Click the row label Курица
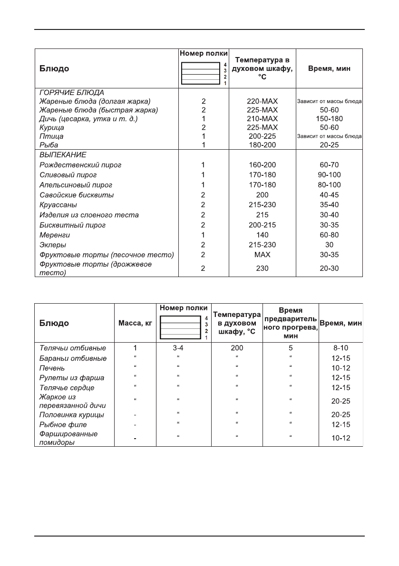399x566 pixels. (52, 127)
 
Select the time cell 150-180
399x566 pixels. (329, 119)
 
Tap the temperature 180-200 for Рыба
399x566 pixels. (262, 145)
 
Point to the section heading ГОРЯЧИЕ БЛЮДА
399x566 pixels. (71, 92)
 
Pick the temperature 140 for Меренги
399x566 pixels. (262, 235)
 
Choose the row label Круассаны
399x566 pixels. (58, 205)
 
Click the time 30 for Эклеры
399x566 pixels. (329, 245)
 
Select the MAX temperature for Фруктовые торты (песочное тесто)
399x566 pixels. (262, 255)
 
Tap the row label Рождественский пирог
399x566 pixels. (80, 165)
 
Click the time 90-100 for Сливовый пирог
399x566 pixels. (329, 175)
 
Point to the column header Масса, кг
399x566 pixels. (135, 323)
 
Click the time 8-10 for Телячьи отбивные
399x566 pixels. (341, 348)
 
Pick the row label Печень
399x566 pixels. (52, 368)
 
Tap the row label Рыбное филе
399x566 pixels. (63, 424)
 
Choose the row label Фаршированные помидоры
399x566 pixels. (68, 438)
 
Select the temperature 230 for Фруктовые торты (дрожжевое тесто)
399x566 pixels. (262, 269)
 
